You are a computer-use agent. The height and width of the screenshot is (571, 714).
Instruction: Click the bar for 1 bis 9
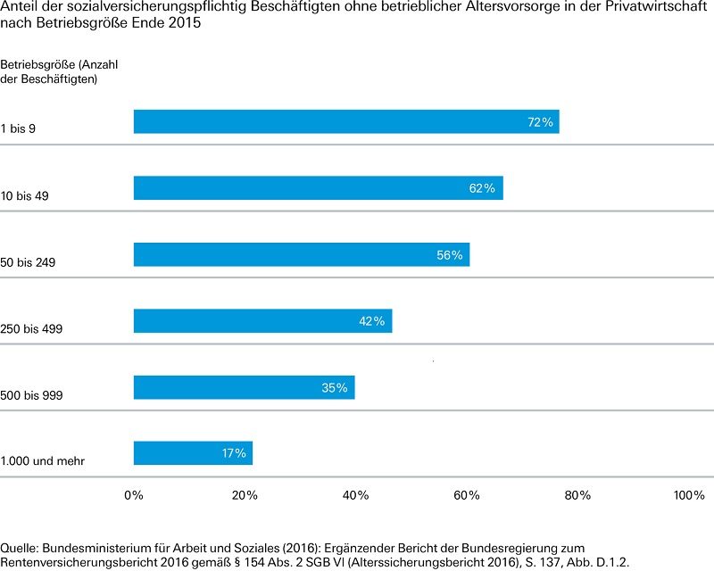(346, 121)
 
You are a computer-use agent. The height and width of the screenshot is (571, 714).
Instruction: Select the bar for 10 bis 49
(318, 188)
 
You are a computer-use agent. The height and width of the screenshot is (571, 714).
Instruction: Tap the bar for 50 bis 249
(302, 254)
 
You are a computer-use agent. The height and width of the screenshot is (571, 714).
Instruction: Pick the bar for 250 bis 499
(262, 320)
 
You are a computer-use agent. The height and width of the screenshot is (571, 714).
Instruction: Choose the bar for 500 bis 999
(244, 386)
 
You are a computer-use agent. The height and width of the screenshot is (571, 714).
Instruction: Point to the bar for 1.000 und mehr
(193, 453)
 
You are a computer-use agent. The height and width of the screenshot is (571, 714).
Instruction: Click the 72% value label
(541, 122)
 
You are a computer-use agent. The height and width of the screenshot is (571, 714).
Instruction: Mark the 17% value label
(234, 453)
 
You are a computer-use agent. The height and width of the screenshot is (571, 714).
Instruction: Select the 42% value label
(371, 321)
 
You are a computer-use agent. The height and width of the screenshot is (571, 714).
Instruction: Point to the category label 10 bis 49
(25, 195)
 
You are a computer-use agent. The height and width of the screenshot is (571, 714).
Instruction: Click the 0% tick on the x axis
(134, 495)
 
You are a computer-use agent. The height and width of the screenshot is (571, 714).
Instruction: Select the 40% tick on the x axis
(355, 495)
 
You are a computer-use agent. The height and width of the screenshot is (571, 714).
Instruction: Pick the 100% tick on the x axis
(688, 495)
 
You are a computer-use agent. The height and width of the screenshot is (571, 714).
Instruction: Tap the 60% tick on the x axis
(467, 495)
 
